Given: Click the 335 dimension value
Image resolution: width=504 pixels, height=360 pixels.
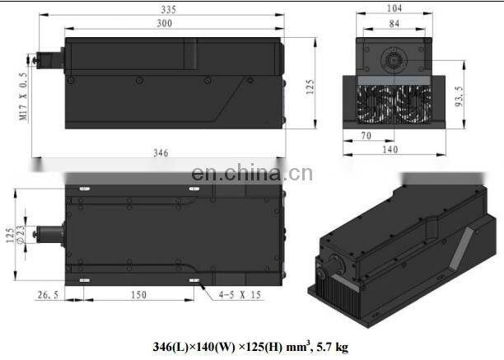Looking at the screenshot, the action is point(169,10).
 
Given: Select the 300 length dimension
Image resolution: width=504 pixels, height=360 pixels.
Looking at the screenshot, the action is point(165,23).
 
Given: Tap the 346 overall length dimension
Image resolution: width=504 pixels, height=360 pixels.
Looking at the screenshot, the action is point(161,153).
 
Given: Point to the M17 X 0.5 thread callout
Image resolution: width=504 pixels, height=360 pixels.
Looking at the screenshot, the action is point(23,96).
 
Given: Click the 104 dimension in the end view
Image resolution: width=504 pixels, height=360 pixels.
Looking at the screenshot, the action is point(394,8).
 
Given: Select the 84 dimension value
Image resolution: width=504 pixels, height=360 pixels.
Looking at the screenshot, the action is point(394,24).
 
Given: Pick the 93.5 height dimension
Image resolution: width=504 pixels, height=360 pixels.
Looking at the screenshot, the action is point(460,96).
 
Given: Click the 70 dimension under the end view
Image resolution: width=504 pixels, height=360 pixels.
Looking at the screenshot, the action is point(366,136).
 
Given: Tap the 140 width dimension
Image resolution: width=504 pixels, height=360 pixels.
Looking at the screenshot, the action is point(390,150).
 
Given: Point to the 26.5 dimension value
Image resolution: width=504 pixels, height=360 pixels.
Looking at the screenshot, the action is point(49,295).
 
